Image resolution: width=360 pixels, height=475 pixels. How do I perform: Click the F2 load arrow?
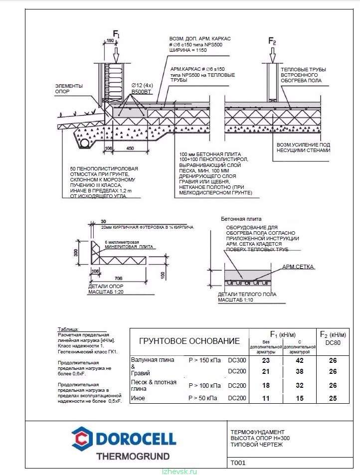pos(272,54)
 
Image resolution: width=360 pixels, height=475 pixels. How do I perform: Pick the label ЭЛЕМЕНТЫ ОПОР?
pos(69,89)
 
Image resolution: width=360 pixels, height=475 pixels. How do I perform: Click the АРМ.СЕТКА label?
pos(298,267)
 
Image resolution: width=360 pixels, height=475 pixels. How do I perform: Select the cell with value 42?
pos(300,360)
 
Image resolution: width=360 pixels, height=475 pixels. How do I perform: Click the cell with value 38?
pos(300,371)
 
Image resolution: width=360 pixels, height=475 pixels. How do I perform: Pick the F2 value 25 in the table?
pos(333,398)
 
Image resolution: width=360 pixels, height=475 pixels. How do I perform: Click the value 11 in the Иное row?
pos(265,398)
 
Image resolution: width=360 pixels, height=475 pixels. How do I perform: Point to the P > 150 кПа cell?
pos(204,360)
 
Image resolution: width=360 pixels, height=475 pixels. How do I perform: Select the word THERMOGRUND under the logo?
pos(132,456)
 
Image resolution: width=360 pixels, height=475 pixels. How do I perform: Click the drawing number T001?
pos(238,463)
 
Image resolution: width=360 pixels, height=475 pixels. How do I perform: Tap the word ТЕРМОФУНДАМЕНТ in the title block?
pos(257,432)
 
